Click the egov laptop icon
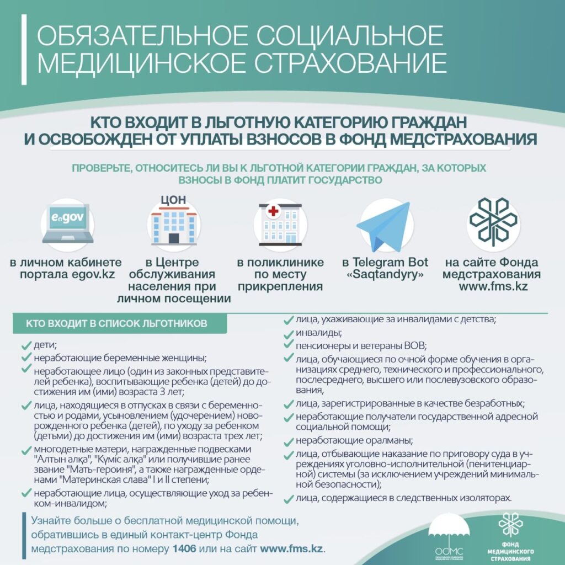[x=67, y=224]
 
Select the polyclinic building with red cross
[x=280, y=224]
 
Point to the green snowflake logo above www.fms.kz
[x=493, y=223]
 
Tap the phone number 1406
[x=183, y=549]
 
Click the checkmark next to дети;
[x=25, y=345]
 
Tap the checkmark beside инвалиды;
[x=288, y=333]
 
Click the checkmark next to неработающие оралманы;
[x=288, y=441]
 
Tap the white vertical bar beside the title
[x=24, y=50]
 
